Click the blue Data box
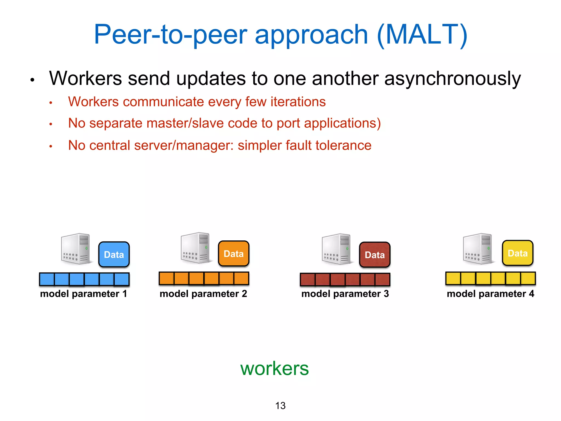click(x=114, y=254)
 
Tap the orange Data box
click(x=234, y=254)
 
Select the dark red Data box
click(x=375, y=255)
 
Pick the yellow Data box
click(x=518, y=253)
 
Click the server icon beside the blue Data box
click(x=76, y=249)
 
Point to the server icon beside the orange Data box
click(x=196, y=248)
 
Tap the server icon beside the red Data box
click(x=337, y=249)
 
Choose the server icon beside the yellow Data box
click(x=478, y=249)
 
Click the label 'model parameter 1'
click(x=84, y=294)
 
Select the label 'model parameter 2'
click(x=203, y=294)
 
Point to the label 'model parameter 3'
click(x=345, y=294)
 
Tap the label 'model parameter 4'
click(x=490, y=294)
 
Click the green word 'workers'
click(x=274, y=368)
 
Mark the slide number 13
click(x=280, y=406)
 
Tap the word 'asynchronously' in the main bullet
click(x=452, y=79)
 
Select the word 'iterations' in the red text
click(x=298, y=102)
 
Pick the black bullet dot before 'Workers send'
click(x=32, y=80)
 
